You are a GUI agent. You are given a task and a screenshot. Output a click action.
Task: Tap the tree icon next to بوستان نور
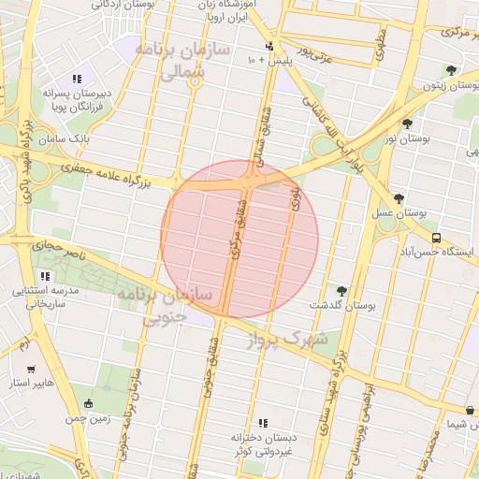pyautogui.click(x=406, y=123)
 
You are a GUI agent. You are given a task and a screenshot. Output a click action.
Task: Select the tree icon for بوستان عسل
pyautogui.click(x=399, y=197)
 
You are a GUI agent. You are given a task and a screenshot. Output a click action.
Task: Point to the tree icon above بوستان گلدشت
pyautogui.click(x=341, y=291)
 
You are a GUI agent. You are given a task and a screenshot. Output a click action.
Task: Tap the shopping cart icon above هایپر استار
pyautogui.click(x=33, y=370)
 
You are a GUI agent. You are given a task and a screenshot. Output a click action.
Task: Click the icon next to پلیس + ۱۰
pyautogui.click(x=269, y=46)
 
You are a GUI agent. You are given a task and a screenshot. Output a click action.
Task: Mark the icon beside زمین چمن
pyautogui.click(x=89, y=404)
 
